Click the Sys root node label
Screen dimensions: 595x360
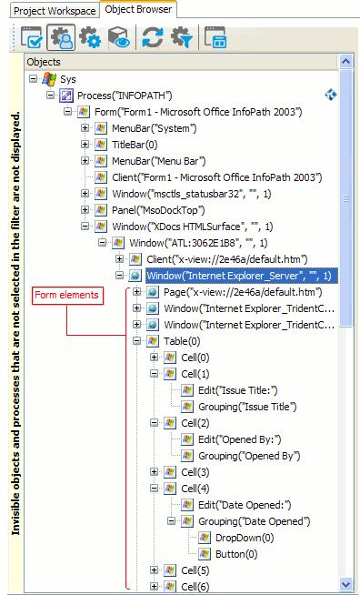(67, 79)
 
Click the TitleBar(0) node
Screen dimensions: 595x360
(135, 145)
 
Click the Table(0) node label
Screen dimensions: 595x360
(185, 341)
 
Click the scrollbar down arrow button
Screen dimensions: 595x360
(345, 583)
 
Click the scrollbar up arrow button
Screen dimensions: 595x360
(345, 62)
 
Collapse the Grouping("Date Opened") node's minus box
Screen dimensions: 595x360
(171, 521)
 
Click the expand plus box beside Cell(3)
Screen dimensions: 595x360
(155, 472)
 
